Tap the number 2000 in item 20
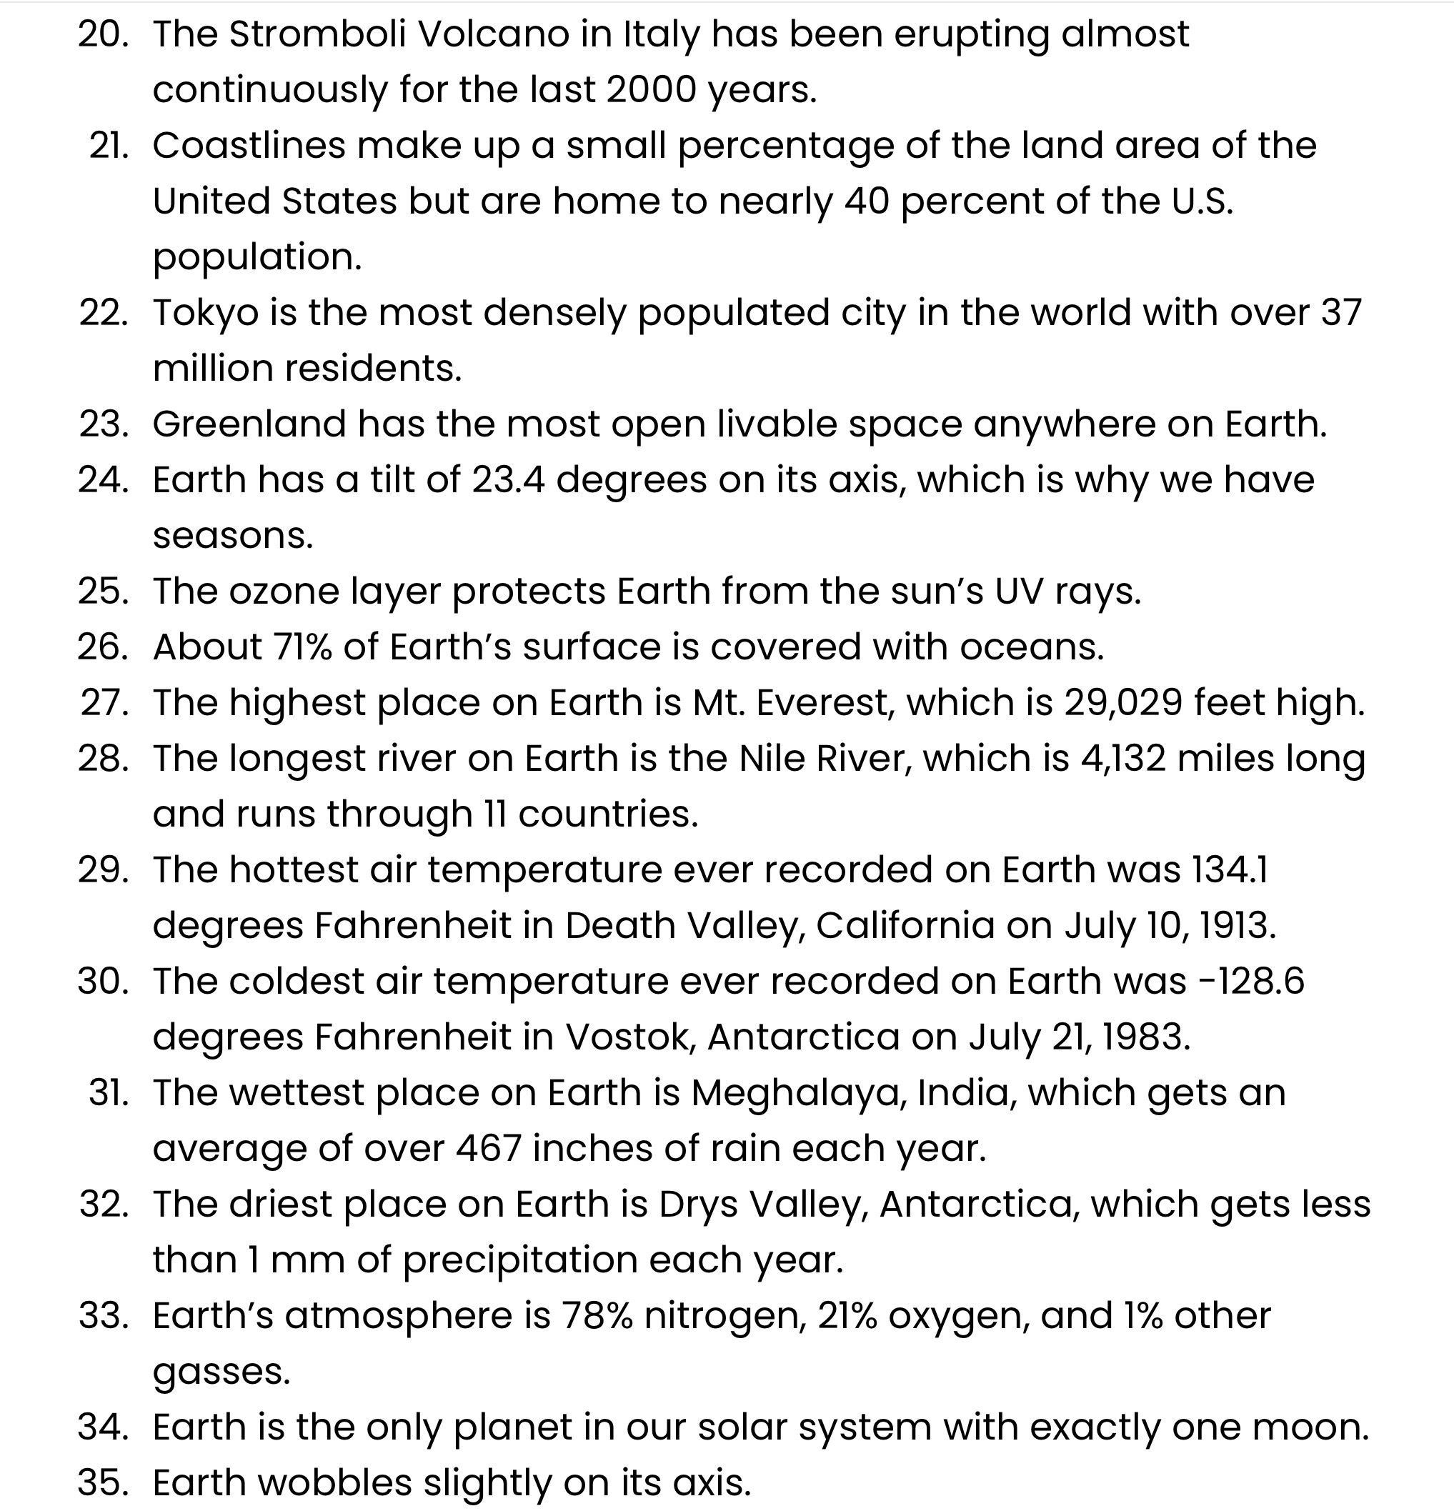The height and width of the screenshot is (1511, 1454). point(651,90)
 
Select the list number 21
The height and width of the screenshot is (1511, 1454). point(109,146)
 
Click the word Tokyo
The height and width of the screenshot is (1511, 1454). point(205,314)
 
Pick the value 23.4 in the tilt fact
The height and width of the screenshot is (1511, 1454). point(508,480)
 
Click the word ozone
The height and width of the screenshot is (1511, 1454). point(284,592)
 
